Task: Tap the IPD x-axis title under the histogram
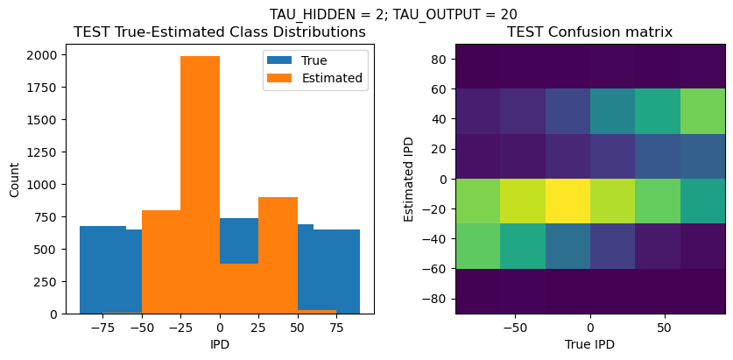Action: pos(219,345)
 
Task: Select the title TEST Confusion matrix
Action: pos(590,32)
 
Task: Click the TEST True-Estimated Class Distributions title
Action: pos(219,32)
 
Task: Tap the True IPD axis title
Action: pos(590,345)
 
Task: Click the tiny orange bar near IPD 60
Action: pos(317,311)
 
